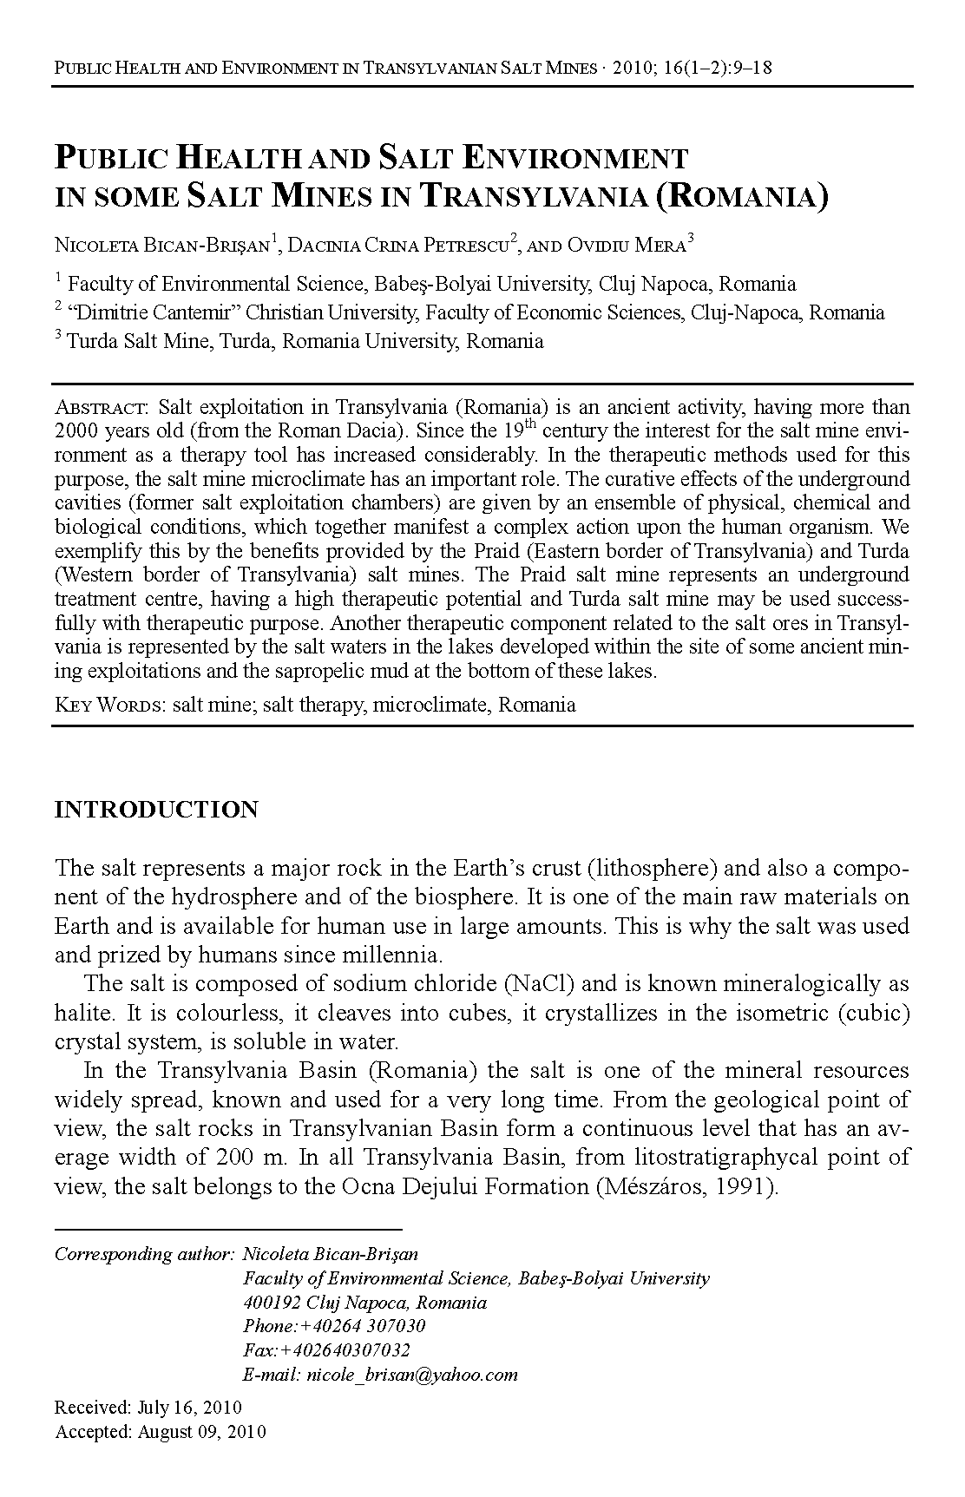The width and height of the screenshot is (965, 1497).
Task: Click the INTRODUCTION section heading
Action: click(x=156, y=810)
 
